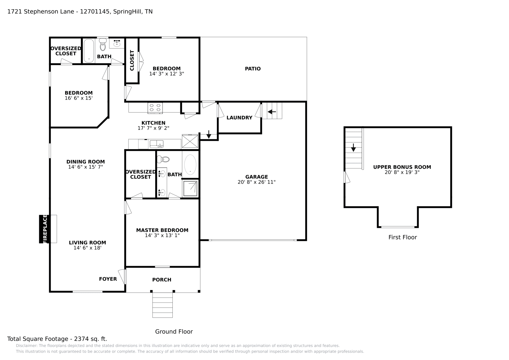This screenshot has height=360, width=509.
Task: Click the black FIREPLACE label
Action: [x=45, y=229]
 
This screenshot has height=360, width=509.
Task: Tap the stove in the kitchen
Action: [x=155, y=108]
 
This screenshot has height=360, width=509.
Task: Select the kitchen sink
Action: [x=157, y=144]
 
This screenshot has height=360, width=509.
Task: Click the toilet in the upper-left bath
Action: [x=102, y=45]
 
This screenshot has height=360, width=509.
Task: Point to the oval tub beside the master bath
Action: [x=190, y=164]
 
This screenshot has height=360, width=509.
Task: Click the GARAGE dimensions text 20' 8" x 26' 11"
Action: [x=256, y=182]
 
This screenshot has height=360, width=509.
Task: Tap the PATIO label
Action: [x=253, y=69]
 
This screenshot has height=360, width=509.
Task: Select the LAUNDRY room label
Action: [x=239, y=118]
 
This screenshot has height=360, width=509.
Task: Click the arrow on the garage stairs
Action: [x=272, y=112]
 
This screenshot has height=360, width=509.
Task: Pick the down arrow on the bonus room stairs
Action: [x=353, y=148]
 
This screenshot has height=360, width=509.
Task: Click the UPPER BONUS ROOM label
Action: [x=402, y=167]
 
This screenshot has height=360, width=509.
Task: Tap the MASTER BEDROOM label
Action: [x=162, y=230]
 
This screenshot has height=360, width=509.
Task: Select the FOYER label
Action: [x=108, y=279]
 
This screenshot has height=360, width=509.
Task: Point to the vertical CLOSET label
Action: [x=132, y=60]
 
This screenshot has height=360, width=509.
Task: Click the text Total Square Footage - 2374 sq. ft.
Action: [x=57, y=339]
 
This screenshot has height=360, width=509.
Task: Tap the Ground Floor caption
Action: [x=174, y=331]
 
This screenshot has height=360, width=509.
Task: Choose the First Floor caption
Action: [x=402, y=237]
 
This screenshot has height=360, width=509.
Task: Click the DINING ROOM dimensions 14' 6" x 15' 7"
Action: [x=85, y=167]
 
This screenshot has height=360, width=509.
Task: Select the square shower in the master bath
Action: [x=191, y=188]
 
